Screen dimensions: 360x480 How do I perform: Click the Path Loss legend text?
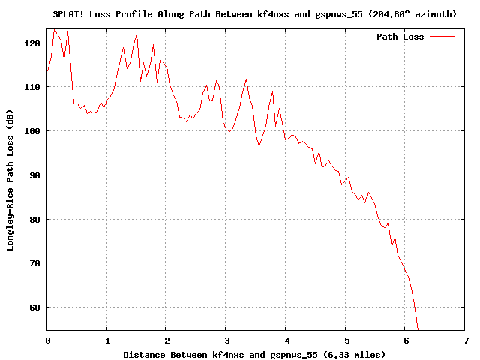[x=400, y=37]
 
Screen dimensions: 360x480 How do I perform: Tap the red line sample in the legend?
[x=442, y=37]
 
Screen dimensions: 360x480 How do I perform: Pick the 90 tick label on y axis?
[x=33, y=175]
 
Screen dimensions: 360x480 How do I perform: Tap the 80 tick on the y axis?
[x=33, y=219]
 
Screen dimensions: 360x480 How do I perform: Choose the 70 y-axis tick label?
[x=33, y=263]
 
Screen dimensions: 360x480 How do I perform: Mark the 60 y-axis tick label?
[x=33, y=307]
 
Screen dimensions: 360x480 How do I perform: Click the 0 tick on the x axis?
[x=46, y=339]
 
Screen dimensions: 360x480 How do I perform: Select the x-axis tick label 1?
[x=106, y=339]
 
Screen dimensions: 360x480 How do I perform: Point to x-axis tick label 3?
[x=226, y=339]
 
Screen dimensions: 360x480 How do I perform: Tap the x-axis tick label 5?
[x=345, y=339]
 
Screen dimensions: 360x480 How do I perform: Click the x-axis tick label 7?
[x=465, y=339]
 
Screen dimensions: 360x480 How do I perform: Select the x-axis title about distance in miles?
[x=254, y=354]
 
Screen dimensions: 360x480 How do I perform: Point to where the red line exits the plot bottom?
[x=418, y=328]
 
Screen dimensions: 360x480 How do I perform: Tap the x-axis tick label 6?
[x=405, y=339]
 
